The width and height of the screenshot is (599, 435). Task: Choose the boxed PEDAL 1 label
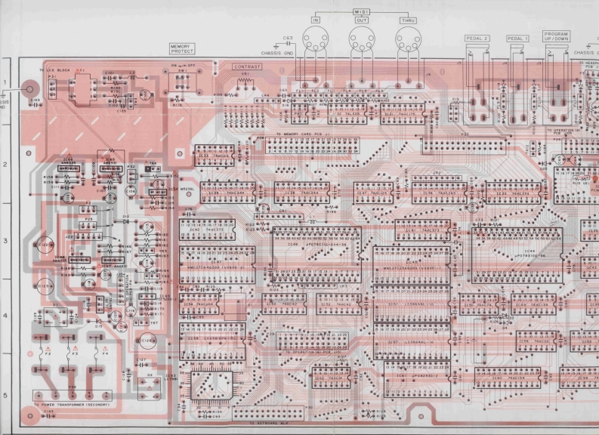pos(518,38)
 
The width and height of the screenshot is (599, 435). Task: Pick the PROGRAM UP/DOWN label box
pos(555,36)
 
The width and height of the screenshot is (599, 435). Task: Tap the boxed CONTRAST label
pos(246,67)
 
